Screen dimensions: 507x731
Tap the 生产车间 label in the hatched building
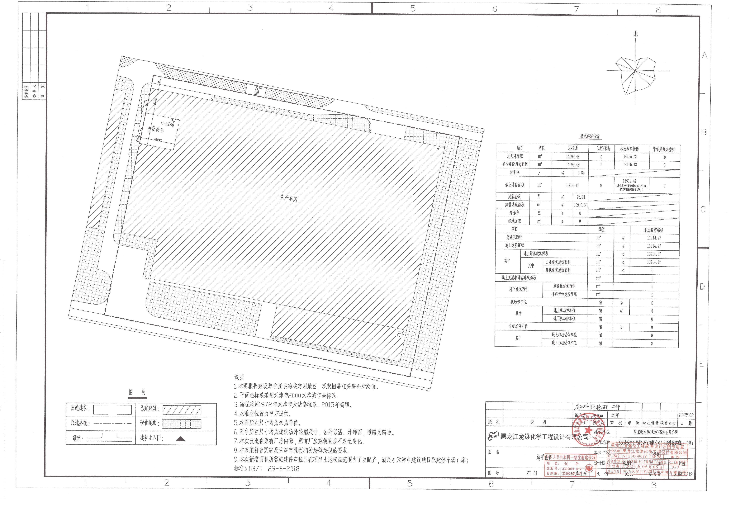point(288,198)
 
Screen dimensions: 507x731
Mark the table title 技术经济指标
point(590,136)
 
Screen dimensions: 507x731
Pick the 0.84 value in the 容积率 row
point(581,173)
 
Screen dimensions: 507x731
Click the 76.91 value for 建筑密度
point(581,197)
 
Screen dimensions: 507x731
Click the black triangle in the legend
point(180,439)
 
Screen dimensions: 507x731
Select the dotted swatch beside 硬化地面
point(182,424)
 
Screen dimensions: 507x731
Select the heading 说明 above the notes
point(239,377)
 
